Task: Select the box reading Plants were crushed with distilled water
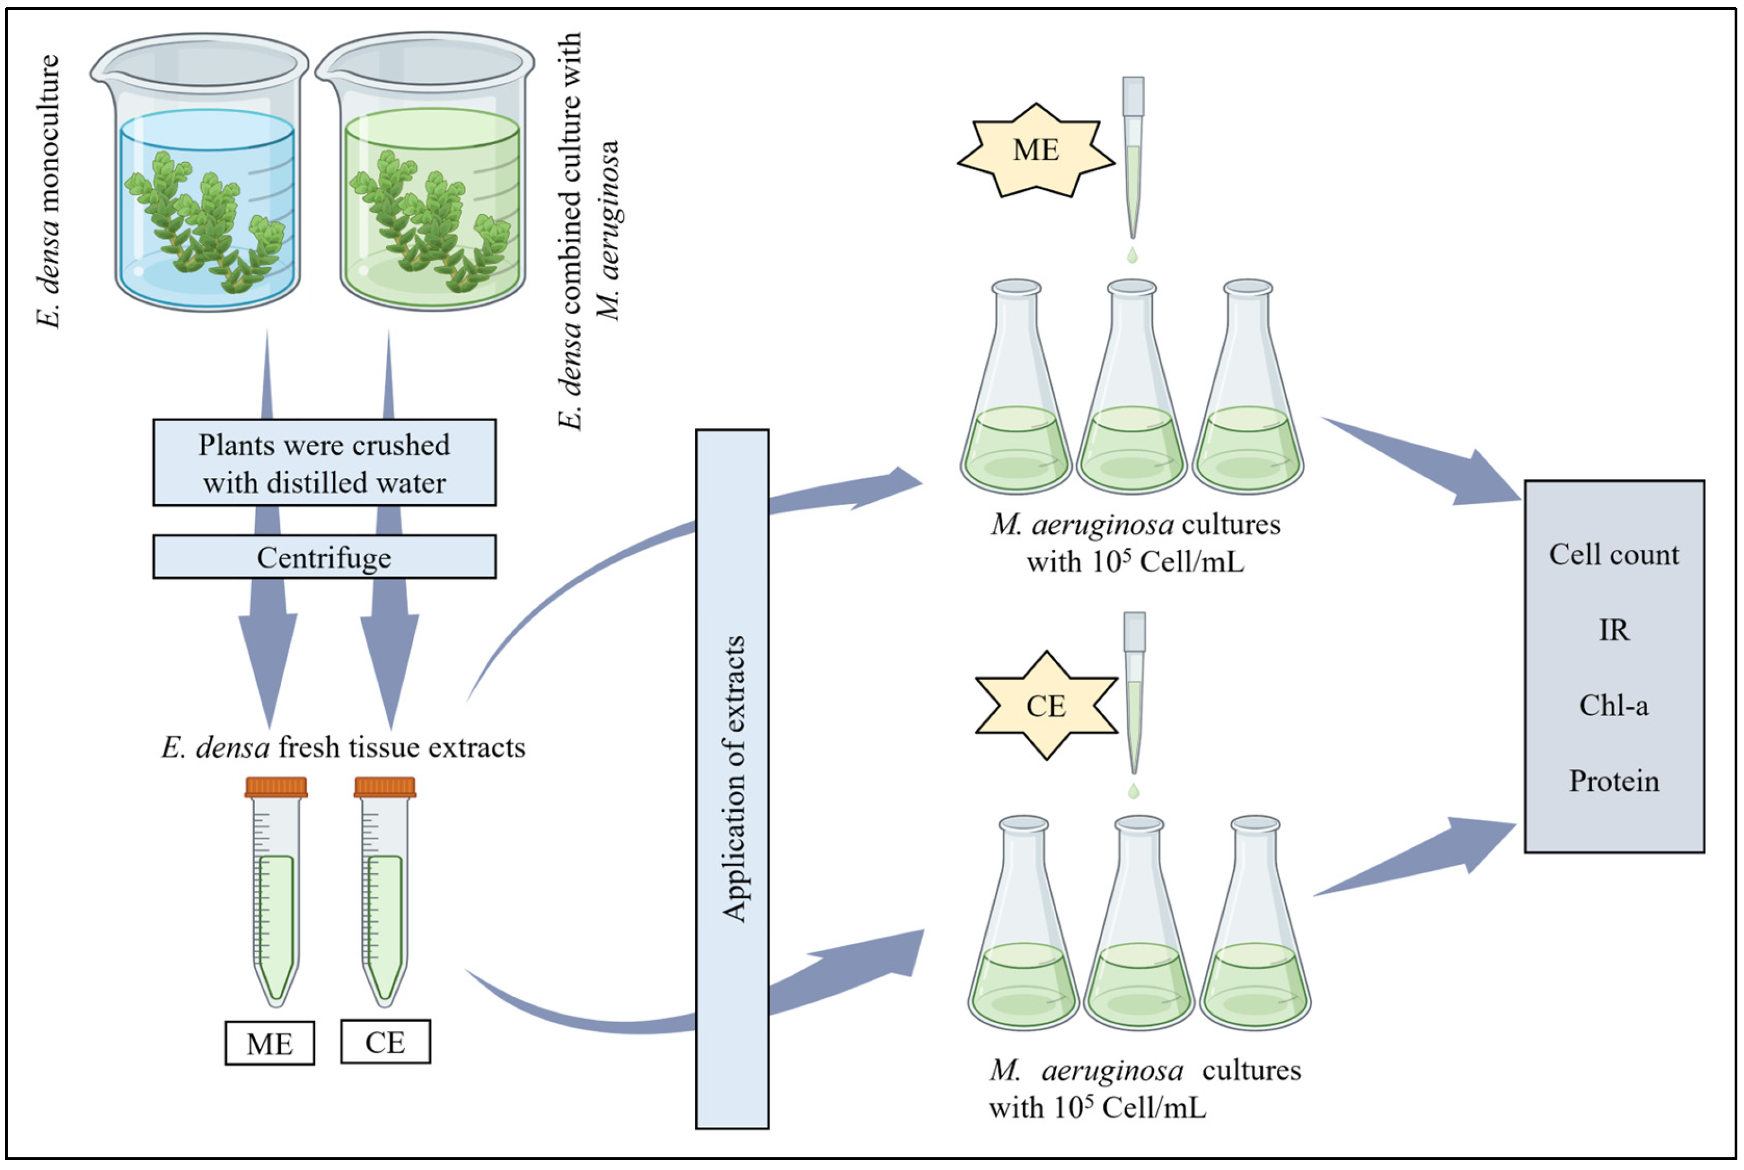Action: pyautogui.click(x=324, y=463)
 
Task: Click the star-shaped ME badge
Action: pyautogui.click(x=1036, y=150)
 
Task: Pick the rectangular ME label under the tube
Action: pyautogui.click(x=269, y=1043)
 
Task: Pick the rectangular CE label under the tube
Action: pyautogui.click(x=385, y=1042)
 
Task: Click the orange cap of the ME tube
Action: pyautogui.click(x=276, y=787)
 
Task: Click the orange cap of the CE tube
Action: pyautogui.click(x=385, y=787)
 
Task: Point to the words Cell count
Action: pyautogui.click(x=1614, y=554)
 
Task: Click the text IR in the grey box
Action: pyautogui.click(x=1614, y=631)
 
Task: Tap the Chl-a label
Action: pyautogui.click(x=1614, y=705)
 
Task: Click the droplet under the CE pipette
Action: pyautogui.click(x=1134, y=791)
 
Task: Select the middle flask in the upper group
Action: pyautogui.click(x=1132, y=396)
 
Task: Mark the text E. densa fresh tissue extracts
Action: pyautogui.click(x=343, y=747)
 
